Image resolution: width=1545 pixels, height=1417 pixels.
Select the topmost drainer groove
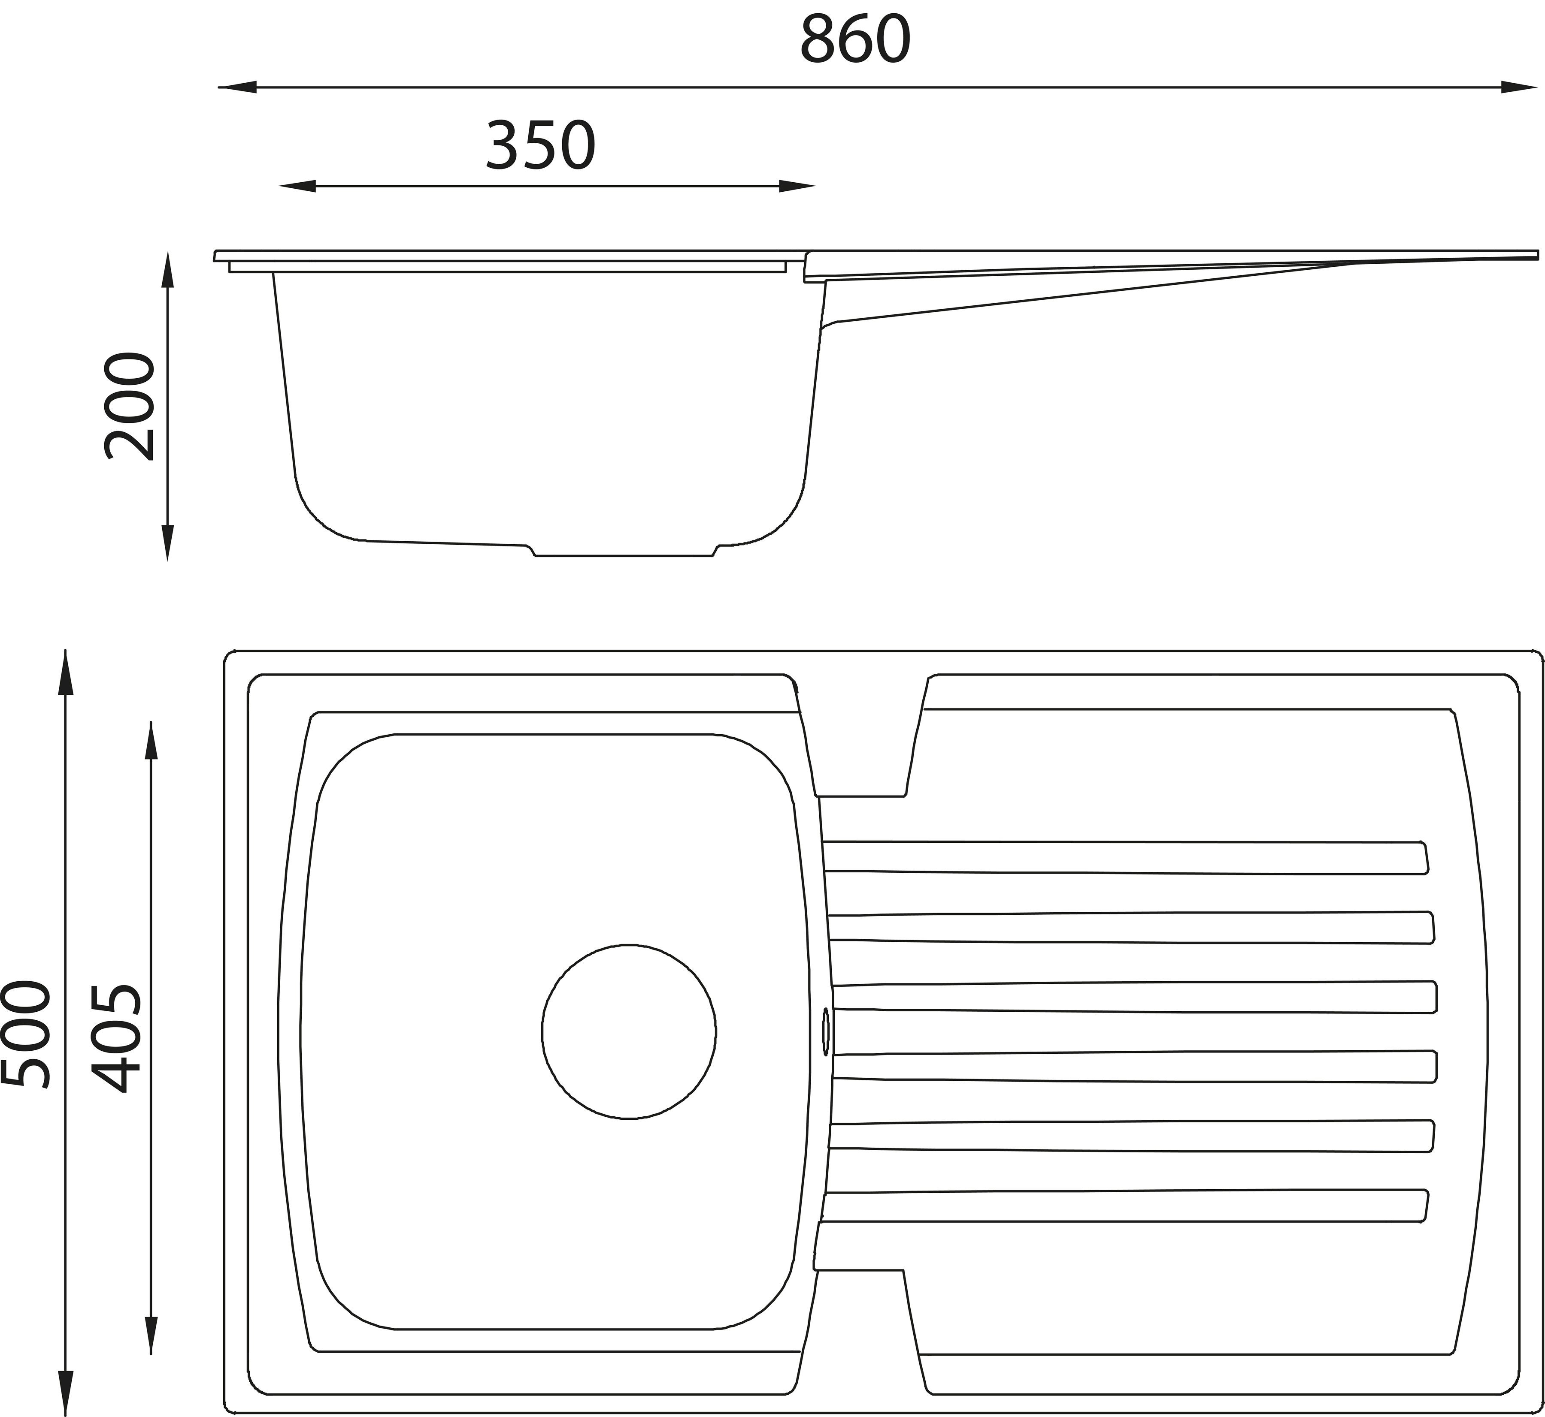tap(1125, 856)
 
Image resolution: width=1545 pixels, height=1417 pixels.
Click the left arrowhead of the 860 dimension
tap(237, 87)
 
